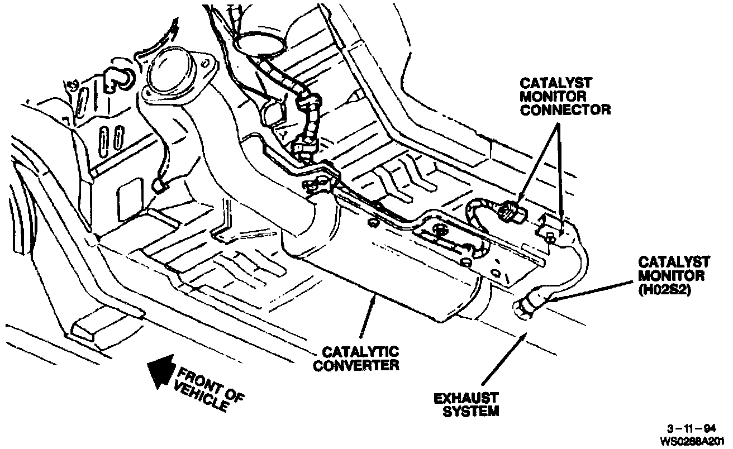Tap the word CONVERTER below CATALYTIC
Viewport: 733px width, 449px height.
(356, 366)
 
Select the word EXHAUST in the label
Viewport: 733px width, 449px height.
(466, 398)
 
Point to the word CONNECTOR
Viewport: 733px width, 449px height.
(565, 109)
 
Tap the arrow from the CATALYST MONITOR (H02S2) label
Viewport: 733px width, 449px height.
(592, 289)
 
